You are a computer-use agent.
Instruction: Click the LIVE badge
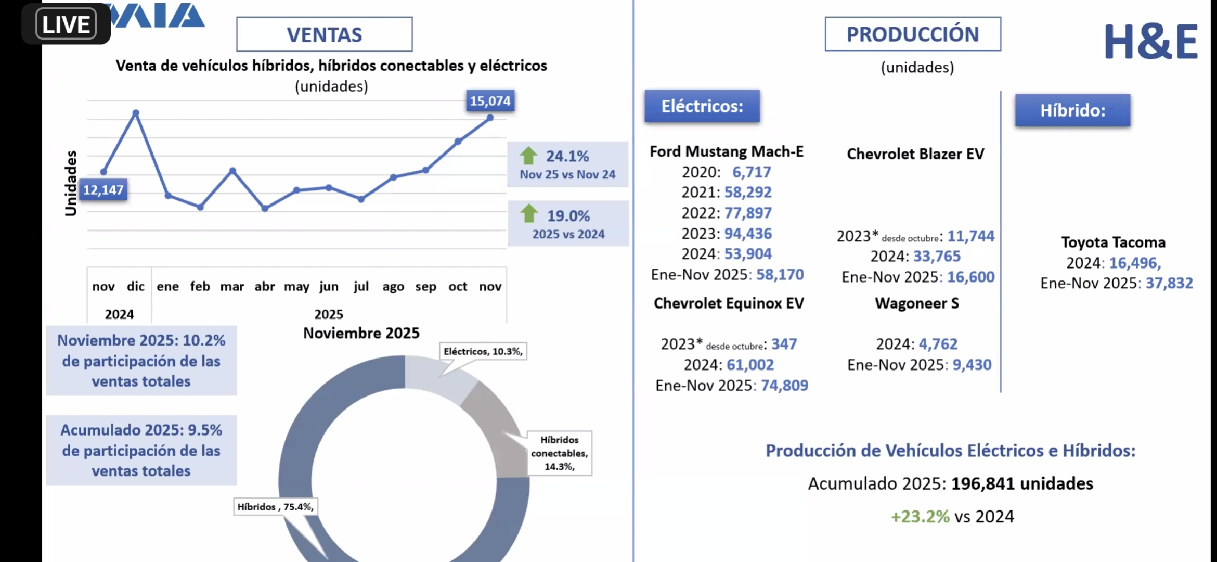[x=66, y=24]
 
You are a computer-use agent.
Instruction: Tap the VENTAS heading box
[x=325, y=34]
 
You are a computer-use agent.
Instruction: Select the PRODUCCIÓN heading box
[x=912, y=34]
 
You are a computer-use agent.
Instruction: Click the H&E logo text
[x=1150, y=42]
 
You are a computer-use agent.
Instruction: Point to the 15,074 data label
[x=490, y=100]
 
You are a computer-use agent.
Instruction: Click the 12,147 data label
[x=103, y=190]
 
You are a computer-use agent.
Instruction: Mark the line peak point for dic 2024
[x=136, y=112]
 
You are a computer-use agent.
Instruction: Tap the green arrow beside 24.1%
[x=528, y=156]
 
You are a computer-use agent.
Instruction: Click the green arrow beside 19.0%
[x=529, y=213]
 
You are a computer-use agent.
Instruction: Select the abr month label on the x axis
[x=264, y=286]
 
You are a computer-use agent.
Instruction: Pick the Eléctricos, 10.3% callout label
[x=483, y=351]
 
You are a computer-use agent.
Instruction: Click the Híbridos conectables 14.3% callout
[x=559, y=453]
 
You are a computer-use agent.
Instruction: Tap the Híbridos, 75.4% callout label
[x=276, y=507]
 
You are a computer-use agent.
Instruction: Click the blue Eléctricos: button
[x=702, y=106]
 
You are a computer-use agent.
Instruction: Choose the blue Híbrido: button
[x=1072, y=110]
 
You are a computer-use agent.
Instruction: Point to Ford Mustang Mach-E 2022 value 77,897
[x=748, y=213]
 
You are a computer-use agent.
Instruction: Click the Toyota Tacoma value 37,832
[x=1169, y=283]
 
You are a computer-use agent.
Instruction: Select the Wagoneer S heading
[x=916, y=303]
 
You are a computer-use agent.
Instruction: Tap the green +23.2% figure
[x=920, y=516]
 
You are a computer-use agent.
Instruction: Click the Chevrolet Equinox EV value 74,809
[x=784, y=385]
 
